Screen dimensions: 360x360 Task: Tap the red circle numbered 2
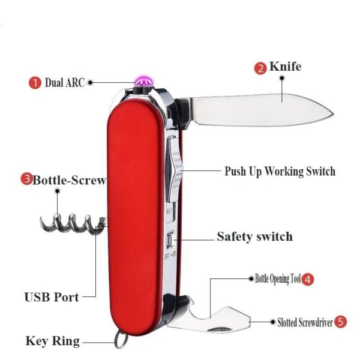click(261, 68)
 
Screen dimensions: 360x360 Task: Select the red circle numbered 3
click(26, 179)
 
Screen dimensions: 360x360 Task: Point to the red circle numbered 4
click(307, 278)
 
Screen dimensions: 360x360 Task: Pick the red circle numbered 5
click(340, 322)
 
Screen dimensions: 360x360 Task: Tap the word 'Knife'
click(286, 67)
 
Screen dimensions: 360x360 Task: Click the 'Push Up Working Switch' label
click(280, 171)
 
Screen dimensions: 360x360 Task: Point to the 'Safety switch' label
click(254, 236)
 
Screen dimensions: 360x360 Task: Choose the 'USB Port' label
click(52, 296)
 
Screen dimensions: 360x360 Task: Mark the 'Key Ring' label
click(52, 341)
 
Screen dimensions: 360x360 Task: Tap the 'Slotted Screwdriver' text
click(305, 322)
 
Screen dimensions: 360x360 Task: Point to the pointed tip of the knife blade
click(331, 111)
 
